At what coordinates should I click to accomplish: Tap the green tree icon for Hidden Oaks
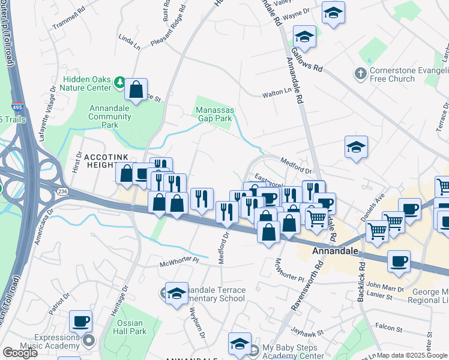coord(119,82)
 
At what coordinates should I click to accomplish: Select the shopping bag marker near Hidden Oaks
coord(137,90)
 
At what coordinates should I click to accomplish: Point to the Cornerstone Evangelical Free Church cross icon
coord(360,74)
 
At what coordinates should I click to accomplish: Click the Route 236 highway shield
coord(62,191)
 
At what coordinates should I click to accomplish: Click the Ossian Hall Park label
coord(129,327)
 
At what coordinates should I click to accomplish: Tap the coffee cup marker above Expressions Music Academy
coord(80,321)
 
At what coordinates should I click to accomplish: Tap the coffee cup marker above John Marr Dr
coord(399,261)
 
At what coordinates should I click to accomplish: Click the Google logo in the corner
coord(20,353)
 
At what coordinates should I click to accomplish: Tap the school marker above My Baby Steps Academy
coord(240,343)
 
